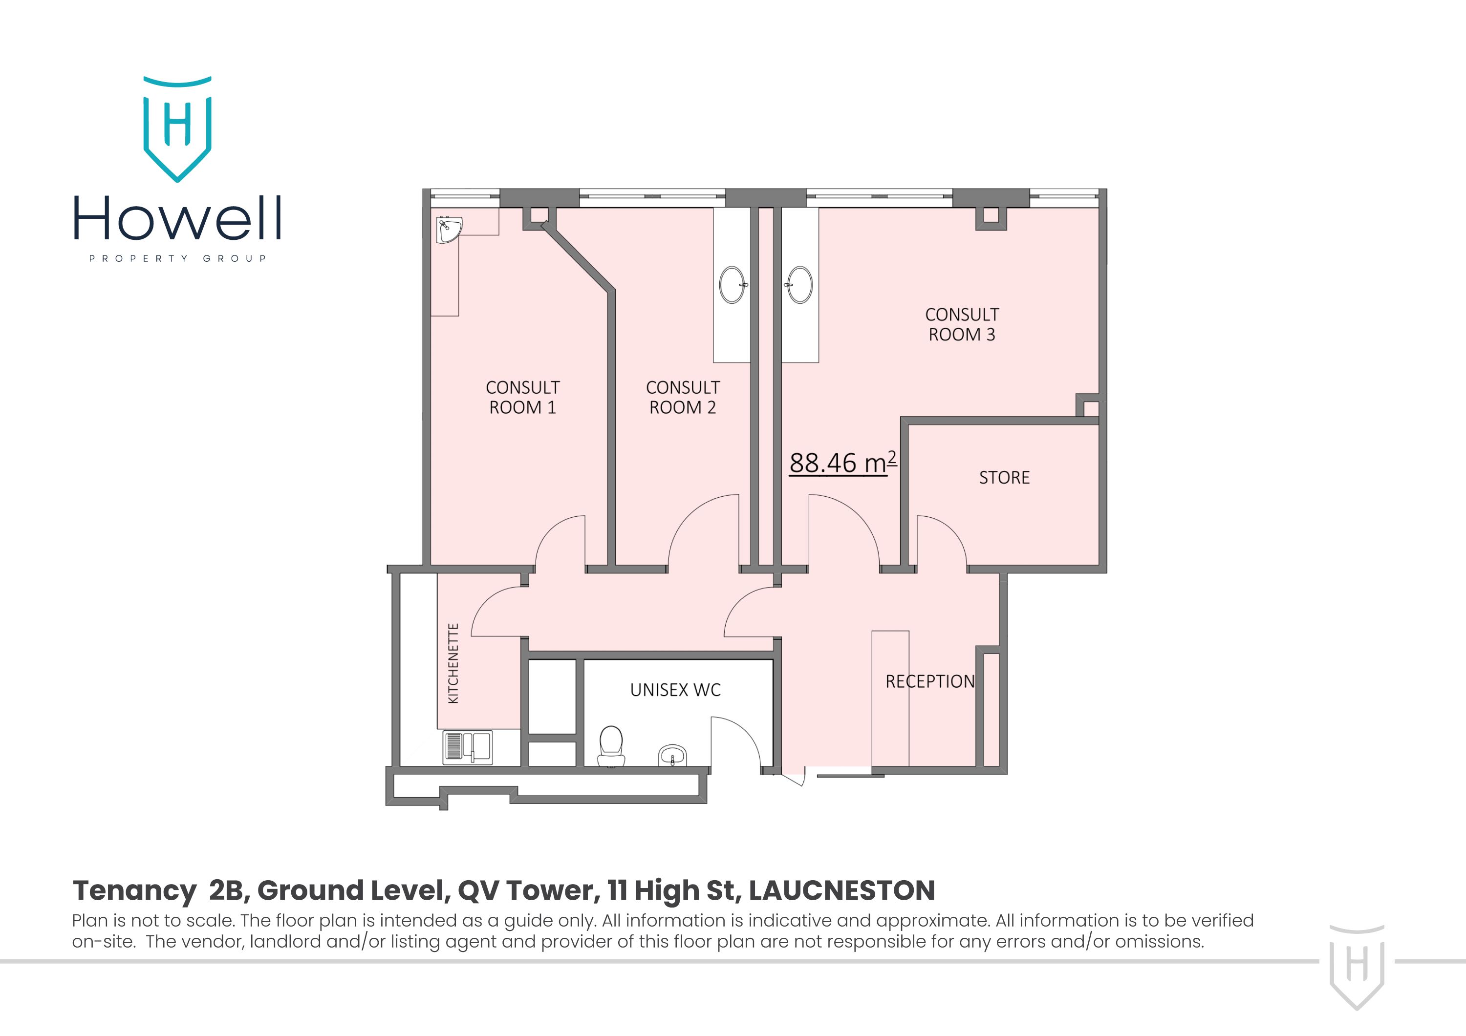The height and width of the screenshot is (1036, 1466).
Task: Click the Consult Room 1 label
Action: tap(522, 397)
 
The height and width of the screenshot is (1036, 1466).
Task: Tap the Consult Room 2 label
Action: tap(683, 397)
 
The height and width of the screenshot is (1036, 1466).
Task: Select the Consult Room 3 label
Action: tap(962, 324)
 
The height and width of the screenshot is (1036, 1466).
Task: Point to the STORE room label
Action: tap(1004, 478)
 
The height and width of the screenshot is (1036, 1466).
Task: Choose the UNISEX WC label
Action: tap(675, 690)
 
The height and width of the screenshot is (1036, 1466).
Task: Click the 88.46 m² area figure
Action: tap(842, 463)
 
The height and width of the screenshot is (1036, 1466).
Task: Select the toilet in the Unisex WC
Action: tap(611, 745)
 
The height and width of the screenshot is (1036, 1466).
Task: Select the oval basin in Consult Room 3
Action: tap(799, 285)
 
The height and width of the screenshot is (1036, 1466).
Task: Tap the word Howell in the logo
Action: tap(177, 218)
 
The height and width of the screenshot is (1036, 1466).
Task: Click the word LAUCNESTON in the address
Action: tap(841, 890)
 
